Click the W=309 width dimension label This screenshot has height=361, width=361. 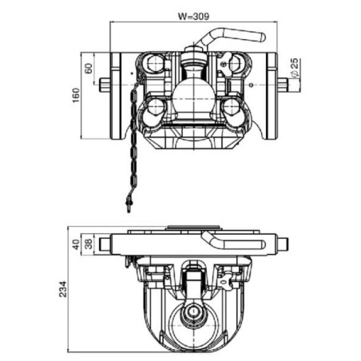(193, 16)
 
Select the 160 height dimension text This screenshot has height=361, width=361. (76, 95)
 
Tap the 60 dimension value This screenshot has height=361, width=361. (89, 68)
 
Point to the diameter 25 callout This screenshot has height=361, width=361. (295, 68)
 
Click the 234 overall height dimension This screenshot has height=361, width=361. (63, 289)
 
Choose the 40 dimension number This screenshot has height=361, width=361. (76, 244)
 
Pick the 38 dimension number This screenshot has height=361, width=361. (89, 244)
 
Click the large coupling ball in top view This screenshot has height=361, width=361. (192, 98)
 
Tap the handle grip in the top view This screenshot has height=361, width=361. (244, 35)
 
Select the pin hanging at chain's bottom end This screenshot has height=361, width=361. (129, 204)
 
